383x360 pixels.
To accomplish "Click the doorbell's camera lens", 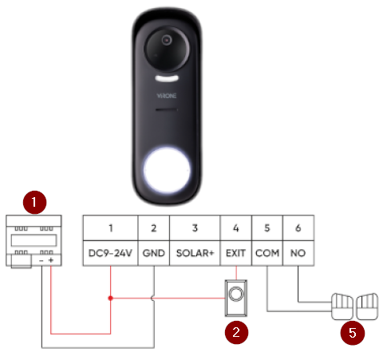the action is (167, 40).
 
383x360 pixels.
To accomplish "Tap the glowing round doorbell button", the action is (167, 170).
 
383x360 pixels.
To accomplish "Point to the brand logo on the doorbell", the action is (167, 96).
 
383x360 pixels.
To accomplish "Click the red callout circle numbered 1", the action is (34, 202).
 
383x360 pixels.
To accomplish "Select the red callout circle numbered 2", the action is (236, 332).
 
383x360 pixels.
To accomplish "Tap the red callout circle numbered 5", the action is (353, 333).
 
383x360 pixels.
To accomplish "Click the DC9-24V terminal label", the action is (110, 253).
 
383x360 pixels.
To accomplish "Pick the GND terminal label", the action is (154, 253).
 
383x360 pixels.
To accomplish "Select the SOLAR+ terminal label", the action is (195, 253).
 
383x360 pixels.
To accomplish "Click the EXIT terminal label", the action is (235, 253).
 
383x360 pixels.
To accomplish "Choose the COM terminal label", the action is (267, 253).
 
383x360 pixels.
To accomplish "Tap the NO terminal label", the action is (298, 253).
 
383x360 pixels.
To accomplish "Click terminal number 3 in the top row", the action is (195, 228).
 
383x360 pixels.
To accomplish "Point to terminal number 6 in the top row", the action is (298, 228).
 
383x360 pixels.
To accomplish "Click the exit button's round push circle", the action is (235, 294).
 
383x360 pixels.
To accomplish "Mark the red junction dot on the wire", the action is (111, 299).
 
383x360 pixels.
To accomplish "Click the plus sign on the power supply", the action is (51, 260).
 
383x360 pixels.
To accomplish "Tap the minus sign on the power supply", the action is (41, 260).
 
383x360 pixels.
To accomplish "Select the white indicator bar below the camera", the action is (167, 78).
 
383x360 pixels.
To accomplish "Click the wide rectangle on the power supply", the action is (34, 240).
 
